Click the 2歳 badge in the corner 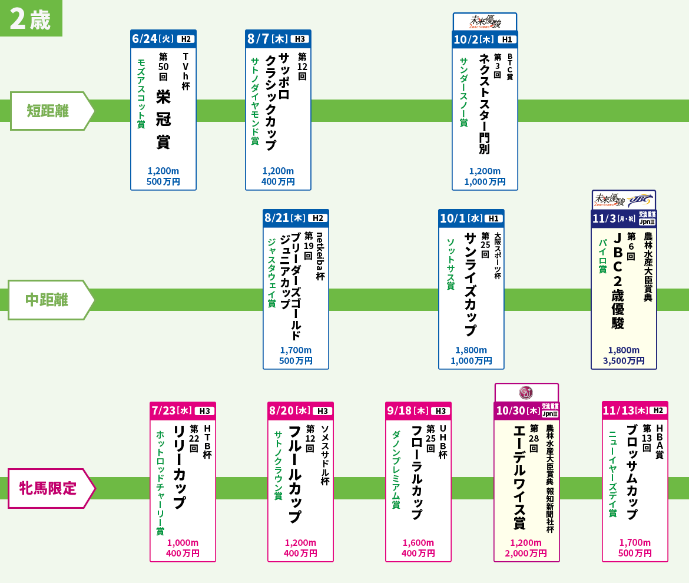31,18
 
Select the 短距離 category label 48,111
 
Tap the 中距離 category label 47,300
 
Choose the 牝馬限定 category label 48,488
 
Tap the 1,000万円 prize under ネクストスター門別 485,181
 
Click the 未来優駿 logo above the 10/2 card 485,22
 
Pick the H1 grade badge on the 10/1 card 493,218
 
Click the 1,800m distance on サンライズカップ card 471,350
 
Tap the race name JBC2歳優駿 618,281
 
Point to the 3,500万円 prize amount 624,360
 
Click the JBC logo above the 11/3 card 640,200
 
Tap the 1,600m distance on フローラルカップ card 418,542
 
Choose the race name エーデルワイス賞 520,477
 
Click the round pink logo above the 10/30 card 526,392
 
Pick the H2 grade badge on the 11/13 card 658,410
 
